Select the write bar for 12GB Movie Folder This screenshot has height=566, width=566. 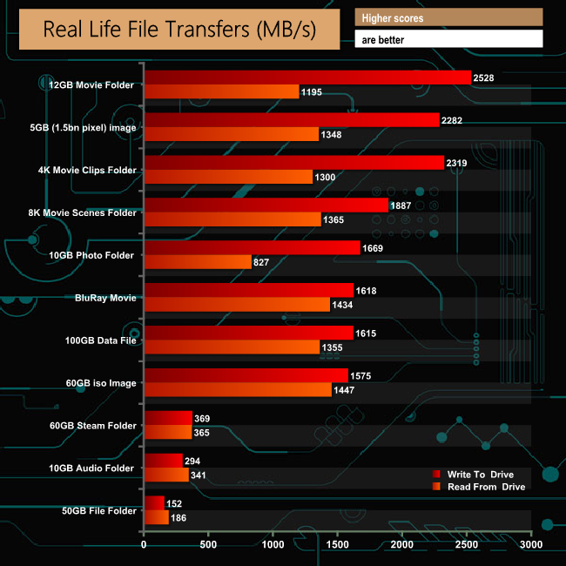click(x=307, y=77)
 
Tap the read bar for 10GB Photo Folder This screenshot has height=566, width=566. click(x=198, y=262)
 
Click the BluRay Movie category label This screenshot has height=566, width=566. click(x=105, y=298)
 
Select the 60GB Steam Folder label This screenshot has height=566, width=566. click(x=93, y=426)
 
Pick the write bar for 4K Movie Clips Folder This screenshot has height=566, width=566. click(x=293, y=163)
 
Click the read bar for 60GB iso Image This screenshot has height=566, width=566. click(x=237, y=390)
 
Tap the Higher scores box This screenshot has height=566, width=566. click(x=448, y=17)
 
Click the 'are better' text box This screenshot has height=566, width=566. click(x=448, y=39)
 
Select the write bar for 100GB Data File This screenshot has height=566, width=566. click(x=248, y=333)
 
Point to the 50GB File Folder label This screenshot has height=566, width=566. click(x=95, y=510)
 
